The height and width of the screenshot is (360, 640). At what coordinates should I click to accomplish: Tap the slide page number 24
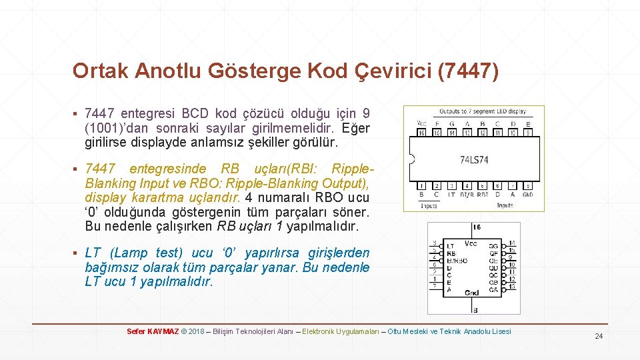599,337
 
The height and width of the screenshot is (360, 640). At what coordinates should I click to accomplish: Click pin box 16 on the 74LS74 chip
421,133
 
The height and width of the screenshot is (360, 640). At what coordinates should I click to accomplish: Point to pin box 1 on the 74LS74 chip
421,185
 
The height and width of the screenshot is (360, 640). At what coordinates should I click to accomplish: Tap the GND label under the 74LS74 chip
528,195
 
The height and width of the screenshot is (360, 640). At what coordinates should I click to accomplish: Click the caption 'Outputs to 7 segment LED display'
482,111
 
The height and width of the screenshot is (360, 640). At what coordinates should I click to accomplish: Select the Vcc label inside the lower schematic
471,244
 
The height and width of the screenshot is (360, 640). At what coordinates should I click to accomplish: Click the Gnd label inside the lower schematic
472,293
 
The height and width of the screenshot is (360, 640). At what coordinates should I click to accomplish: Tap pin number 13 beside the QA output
511,287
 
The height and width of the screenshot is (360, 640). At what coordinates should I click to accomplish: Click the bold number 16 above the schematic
476,228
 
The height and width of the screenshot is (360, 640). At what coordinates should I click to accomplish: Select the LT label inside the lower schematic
451,246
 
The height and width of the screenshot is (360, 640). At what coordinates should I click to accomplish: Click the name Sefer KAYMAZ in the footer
153,331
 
